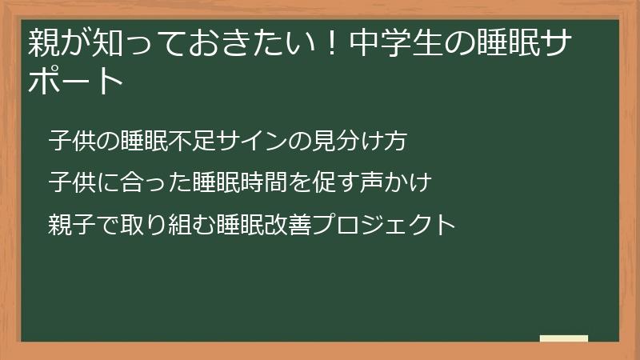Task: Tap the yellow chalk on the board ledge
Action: pos(564,338)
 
